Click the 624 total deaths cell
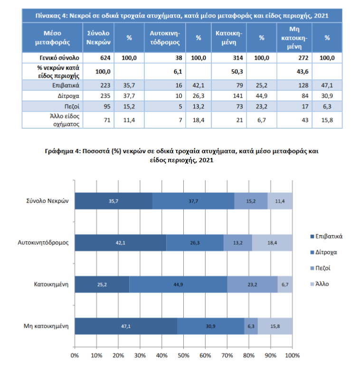[x=98, y=58]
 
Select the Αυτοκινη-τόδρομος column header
[x=165, y=37]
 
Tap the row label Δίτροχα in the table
[x=68, y=96]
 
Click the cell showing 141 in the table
[x=229, y=96]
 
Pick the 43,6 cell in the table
[x=294, y=71]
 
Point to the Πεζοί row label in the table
[x=72, y=107]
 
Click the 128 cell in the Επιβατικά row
[x=294, y=85]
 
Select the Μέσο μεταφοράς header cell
[x=52, y=37]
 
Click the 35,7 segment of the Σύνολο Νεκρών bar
[x=114, y=201]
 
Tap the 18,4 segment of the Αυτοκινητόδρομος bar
[x=272, y=243]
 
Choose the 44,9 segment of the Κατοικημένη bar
[x=179, y=284]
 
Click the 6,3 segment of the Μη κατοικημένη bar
[x=251, y=326]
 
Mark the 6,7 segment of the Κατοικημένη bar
[x=285, y=284]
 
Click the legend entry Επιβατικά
[x=326, y=236]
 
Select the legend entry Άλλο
[x=320, y=284]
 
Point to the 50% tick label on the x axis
[x=183, y=355]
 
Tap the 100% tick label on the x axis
[x=293, y=355]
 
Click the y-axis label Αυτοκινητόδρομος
[x=43, y=243]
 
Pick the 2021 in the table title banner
[x=321, y=16]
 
